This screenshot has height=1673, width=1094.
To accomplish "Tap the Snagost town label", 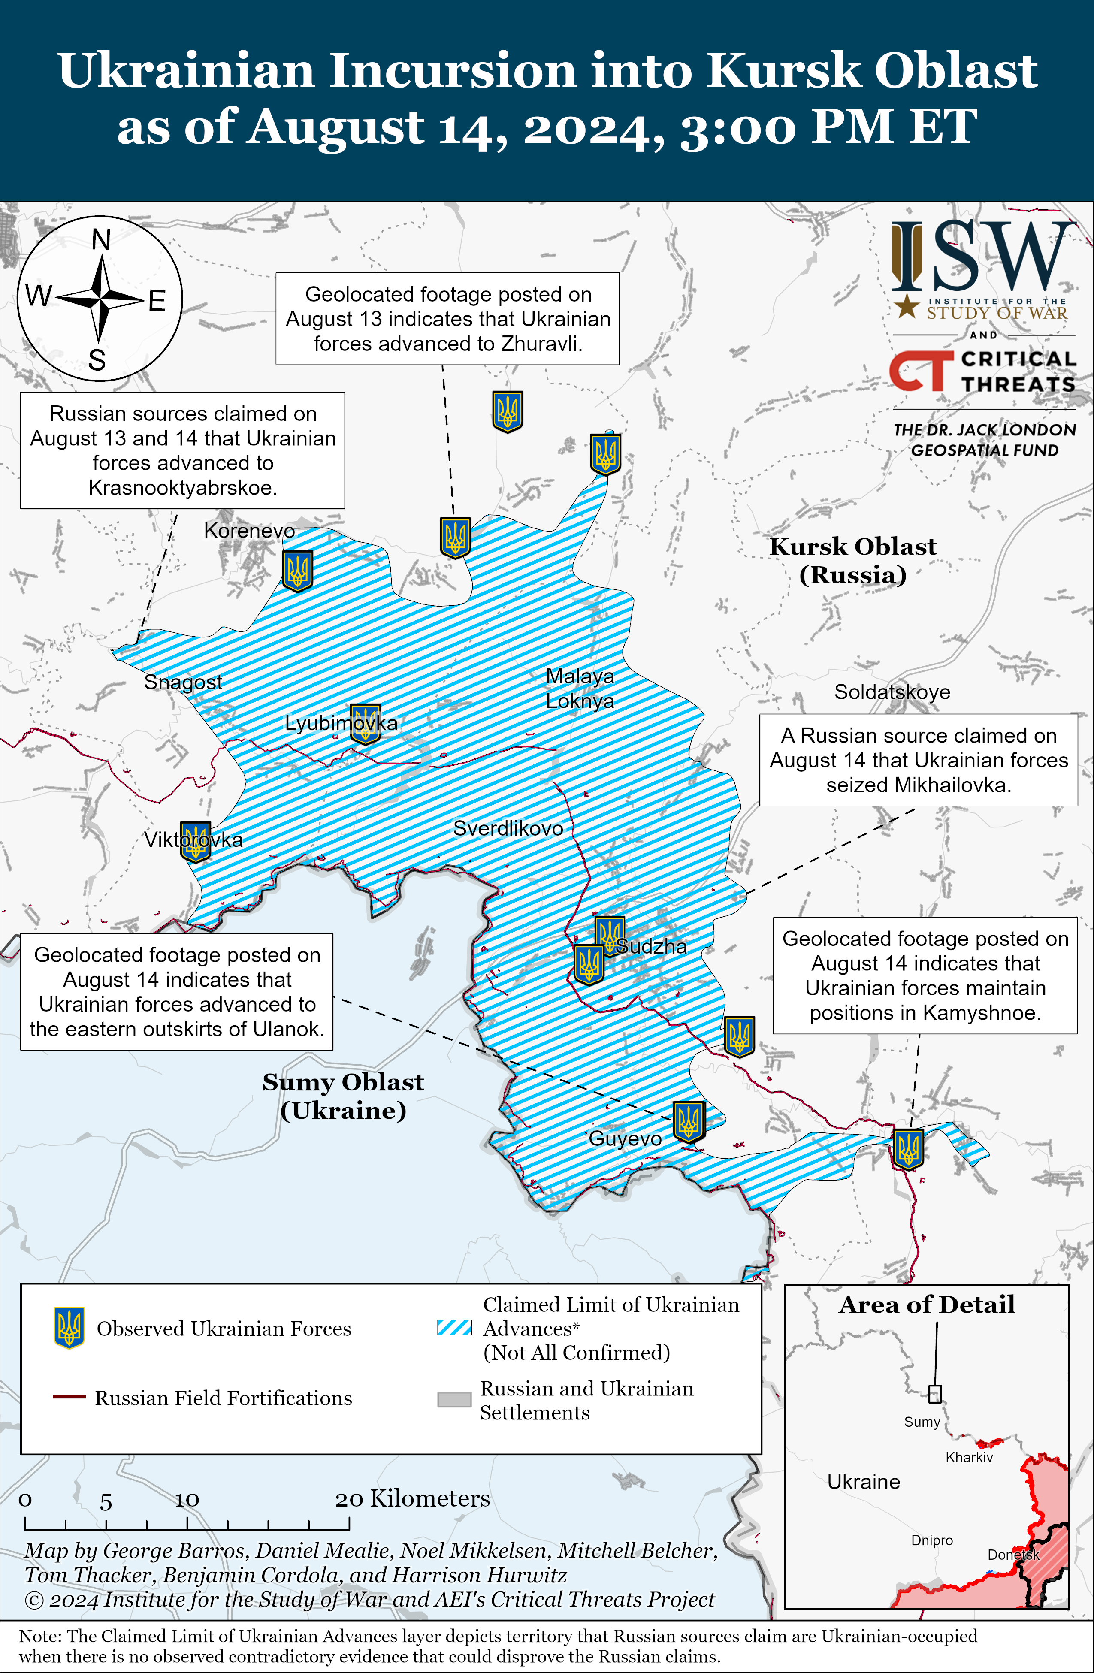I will [183, 682].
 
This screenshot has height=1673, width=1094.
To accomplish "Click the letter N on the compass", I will [101, 240].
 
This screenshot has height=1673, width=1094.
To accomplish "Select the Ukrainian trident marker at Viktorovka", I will [196, 841].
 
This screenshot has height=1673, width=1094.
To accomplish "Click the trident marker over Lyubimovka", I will [365, 724].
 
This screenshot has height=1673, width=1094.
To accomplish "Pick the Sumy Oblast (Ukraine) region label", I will [343, 1096].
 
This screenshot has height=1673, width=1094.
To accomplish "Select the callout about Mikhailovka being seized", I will [918, 760].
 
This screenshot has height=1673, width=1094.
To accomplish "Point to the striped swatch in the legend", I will [454, 1327].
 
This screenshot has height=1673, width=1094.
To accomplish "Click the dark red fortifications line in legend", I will [69, 1397].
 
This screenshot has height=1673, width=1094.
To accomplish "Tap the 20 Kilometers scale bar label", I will [412, 1498].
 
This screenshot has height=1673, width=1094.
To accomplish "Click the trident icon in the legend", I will [69, 1328].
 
